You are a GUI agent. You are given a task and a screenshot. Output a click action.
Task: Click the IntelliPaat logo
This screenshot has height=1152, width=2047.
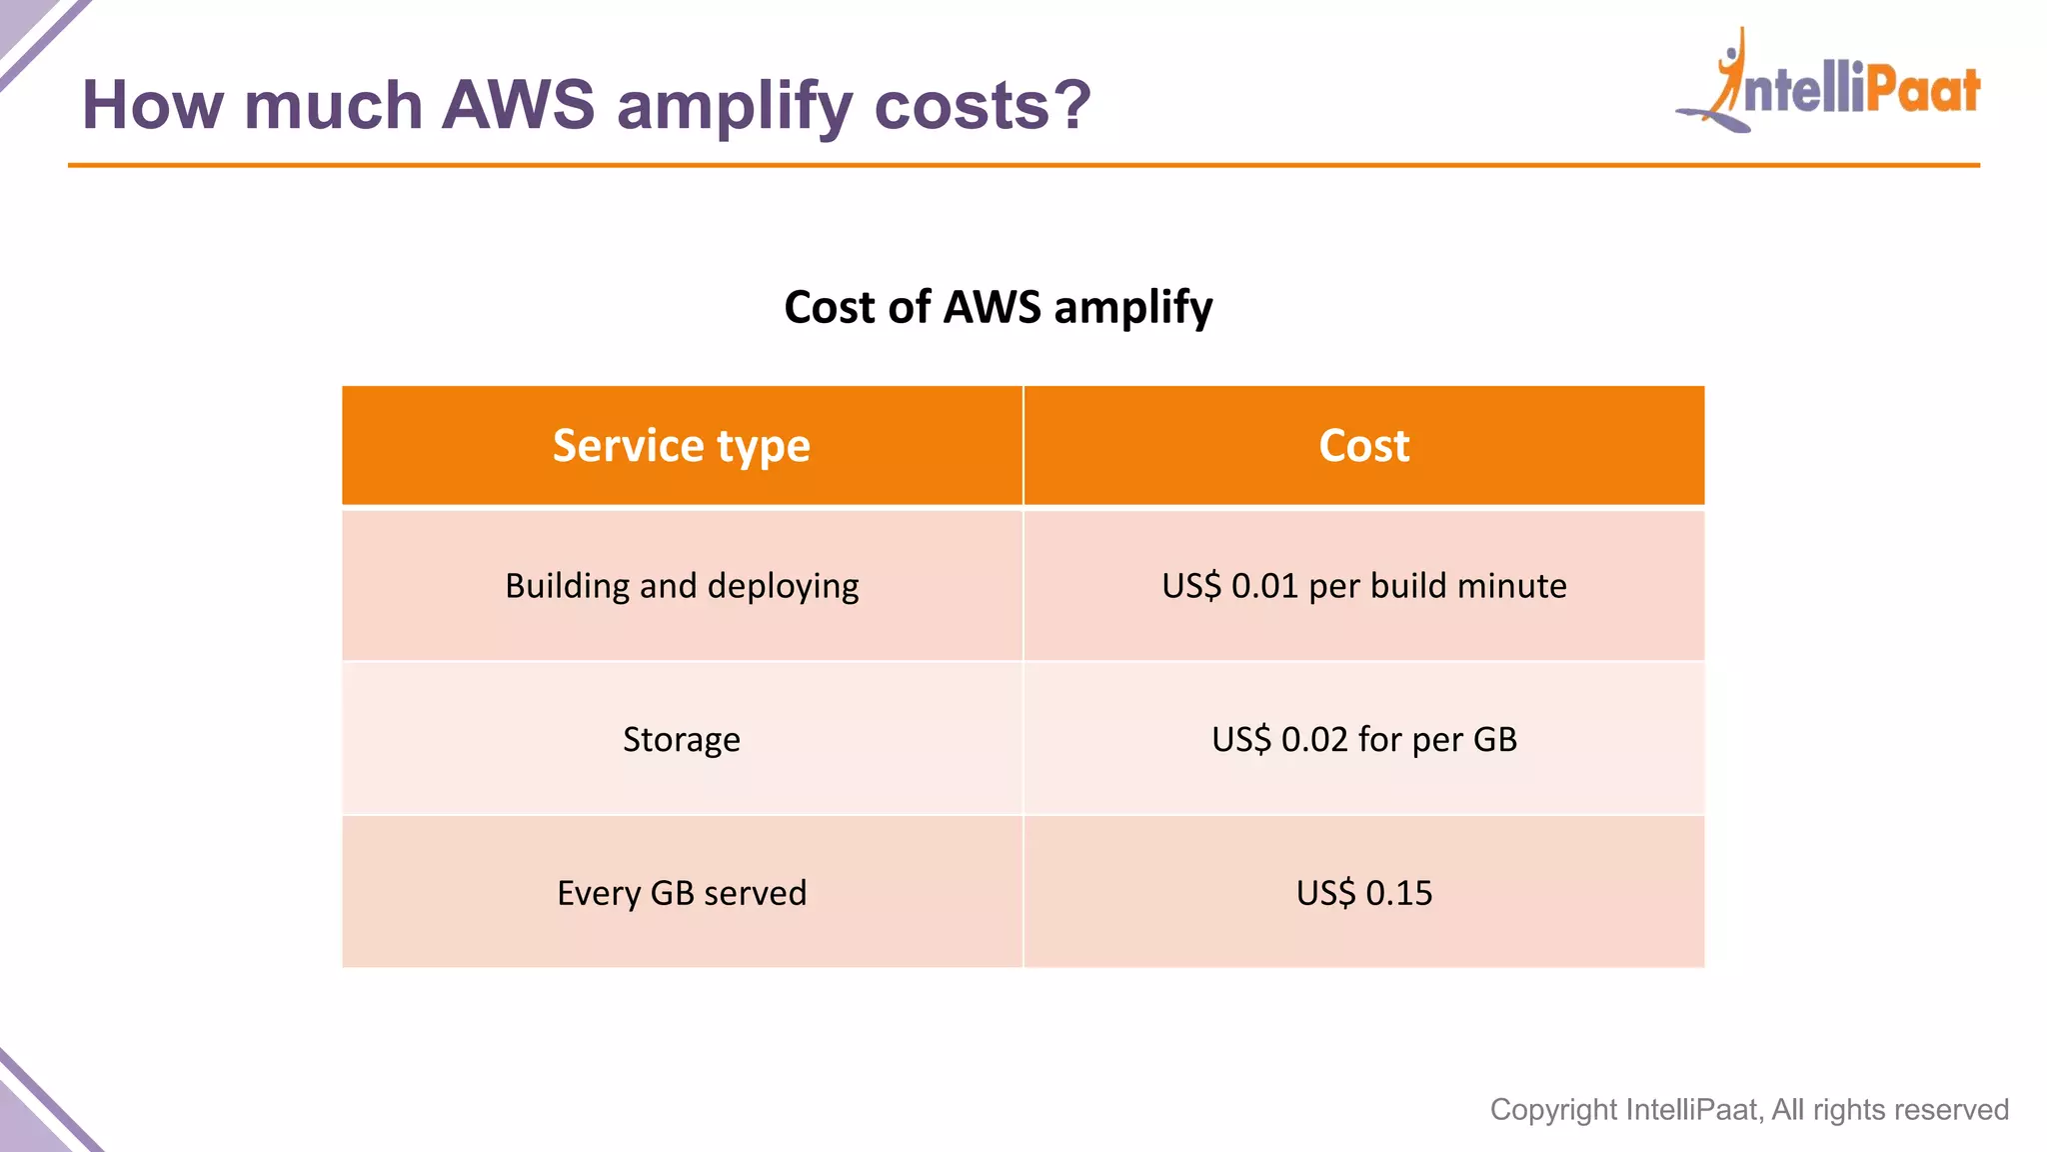click(x=1829, y=85)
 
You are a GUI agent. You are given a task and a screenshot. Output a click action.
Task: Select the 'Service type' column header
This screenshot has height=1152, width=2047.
click(x=682, y=446)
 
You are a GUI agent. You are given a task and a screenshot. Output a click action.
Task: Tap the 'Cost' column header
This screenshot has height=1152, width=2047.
click(x=1363, y=446)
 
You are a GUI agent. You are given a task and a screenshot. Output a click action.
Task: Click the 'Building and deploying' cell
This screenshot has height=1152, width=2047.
click(x=682, y=586)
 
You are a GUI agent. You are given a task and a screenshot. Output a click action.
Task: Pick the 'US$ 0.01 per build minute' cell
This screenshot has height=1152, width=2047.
click(x=1363, y=586)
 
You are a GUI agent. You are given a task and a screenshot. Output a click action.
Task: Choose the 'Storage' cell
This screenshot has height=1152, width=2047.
click(x=682, y=740)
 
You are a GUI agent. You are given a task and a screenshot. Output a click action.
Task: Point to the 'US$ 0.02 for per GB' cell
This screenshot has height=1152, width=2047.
click(x=1363, y=740)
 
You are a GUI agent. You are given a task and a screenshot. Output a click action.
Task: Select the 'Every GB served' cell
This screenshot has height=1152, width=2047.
click(x=682, y=893)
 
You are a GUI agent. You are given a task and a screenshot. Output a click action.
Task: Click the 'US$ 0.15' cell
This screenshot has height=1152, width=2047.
click(x=1363, y=893)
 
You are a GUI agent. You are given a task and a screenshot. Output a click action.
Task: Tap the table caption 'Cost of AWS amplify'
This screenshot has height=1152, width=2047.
click(x=998, y=307)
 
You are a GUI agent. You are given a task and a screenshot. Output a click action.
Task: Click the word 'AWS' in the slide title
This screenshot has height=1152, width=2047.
click(x=518, y=105)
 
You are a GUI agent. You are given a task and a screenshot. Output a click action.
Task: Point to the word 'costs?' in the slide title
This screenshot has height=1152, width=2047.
click(x=983, y=105)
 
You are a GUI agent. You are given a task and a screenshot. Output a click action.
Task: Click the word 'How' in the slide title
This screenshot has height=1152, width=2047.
click(x=153, y=105)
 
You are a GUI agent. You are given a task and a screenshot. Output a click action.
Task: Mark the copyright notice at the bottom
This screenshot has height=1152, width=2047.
click(x=1748, y=1110)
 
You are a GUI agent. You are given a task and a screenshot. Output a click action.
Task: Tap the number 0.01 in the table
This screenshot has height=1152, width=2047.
click(x=1264, y=586)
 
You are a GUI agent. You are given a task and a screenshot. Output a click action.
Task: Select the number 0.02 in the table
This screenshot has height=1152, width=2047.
click(x=1314, y=740)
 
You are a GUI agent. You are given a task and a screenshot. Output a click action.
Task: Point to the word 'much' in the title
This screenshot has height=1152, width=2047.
click(x=333, y=105)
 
